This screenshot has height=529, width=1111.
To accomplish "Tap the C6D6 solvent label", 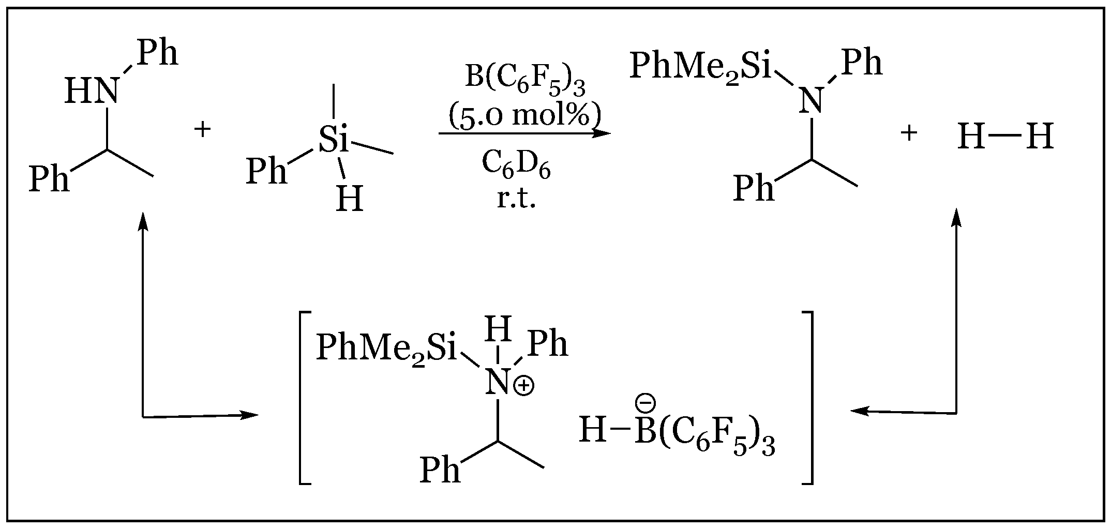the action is point(516,165).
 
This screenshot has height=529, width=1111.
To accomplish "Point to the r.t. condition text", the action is point(516,199).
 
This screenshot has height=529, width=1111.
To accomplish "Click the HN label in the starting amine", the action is point(91,92).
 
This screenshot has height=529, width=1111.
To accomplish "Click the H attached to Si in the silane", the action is point(349,199).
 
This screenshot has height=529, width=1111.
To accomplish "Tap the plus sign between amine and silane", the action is point(203,129).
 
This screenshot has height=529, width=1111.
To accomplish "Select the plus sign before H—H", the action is point(909,133).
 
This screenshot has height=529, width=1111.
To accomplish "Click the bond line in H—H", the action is point(1005,137).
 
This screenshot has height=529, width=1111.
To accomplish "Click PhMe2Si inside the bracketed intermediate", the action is point(387,347).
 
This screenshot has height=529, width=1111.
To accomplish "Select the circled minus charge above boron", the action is point(645,401).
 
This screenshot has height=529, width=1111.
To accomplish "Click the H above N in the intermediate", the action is point(497,329).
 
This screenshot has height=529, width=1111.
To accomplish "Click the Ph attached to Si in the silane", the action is point(266,171).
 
